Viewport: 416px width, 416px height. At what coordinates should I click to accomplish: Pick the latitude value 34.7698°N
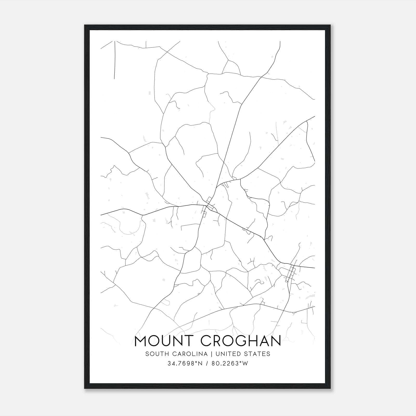point(185,363)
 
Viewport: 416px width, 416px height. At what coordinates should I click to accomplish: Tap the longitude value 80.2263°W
point(228,363)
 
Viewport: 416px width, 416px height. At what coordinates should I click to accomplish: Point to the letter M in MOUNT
point(142,341)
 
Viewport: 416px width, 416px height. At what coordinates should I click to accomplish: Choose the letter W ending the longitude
point(245,363)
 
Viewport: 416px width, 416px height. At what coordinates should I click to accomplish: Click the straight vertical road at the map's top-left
point(115,60)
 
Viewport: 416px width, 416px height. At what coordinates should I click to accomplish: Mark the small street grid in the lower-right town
point(291,272)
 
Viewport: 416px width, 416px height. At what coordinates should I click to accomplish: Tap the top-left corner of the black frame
point(85,25)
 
